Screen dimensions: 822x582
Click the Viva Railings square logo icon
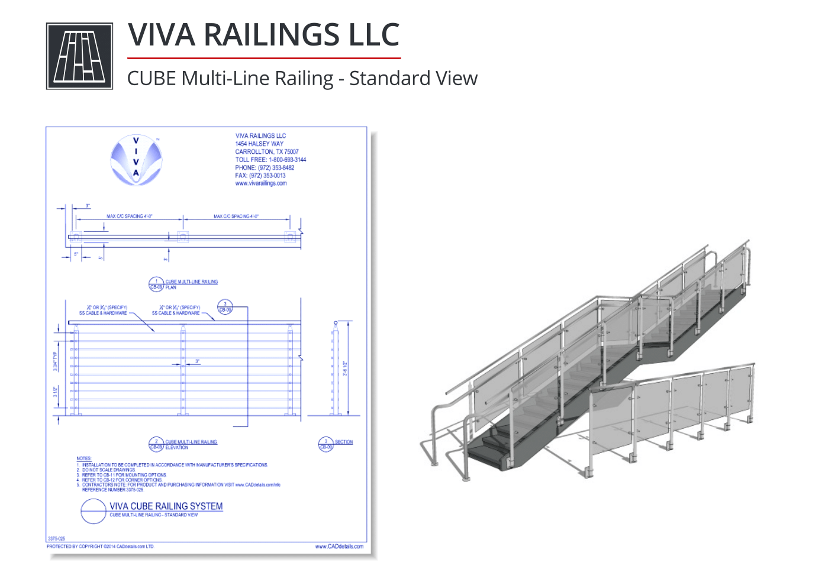[x=79, y=56]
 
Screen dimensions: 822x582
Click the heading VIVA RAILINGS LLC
[x=263, y=35]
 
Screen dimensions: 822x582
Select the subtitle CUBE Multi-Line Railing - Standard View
[x=302, y=78]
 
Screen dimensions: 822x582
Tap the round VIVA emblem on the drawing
[x=136, y=159]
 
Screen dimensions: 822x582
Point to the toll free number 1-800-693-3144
[x=287, y=160]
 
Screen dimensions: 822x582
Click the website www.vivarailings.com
[x=260, y=183]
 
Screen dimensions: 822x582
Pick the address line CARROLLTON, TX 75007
[x=266, y=152]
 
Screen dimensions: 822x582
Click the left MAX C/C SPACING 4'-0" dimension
[x=129, y=216]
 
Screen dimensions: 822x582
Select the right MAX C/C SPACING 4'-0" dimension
[x=236, y=216]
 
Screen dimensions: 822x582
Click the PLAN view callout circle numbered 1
[x=156, y=284]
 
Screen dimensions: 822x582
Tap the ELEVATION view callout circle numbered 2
[x=156, y=444]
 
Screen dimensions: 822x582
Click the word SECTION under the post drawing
[x=343, y=442]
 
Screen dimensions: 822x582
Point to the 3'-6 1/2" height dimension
[x=345, y=368]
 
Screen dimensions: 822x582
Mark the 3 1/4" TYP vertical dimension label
[x=56, y=361]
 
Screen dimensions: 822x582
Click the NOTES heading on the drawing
[x=83, y=458]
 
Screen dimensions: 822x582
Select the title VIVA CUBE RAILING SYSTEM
[x=166, y=506]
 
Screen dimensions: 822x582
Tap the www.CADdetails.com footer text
[x=339, y=547]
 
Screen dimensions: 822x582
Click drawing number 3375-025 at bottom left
[x=56, y=539]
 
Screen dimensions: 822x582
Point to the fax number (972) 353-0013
[x=260, y=176]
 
